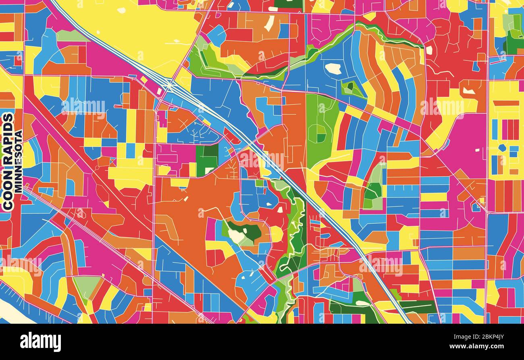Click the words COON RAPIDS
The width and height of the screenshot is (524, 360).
click(x=8, y=161)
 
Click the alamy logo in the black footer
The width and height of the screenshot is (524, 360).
click(x=40, y=342)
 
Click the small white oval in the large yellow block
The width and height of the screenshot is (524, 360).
click(x=121, y=10)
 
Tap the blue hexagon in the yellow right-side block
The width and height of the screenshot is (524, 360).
click(x=502, y=148)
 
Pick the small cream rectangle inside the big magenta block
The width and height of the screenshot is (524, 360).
click(x=477, y=150)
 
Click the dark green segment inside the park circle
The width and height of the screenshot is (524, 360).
click(x=321, y=138)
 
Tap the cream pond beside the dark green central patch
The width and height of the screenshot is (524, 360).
click(x=236, y=236)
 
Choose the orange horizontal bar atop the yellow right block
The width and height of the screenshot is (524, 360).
click(x=505, y=103)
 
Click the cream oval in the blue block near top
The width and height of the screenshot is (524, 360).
click(x=333, y=69)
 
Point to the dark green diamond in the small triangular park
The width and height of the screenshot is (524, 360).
click(x=350, y=86)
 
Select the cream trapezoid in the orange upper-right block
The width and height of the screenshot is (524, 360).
click(x=468, y=91)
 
